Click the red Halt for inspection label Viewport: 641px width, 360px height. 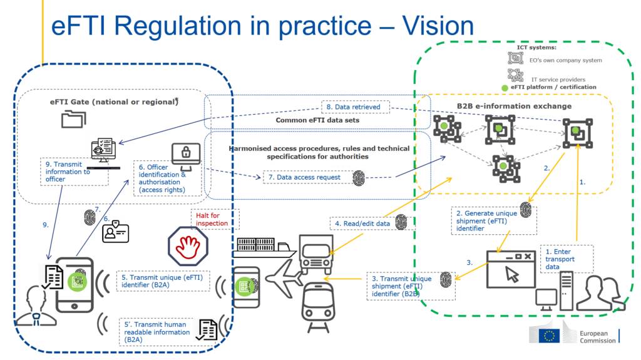(x=212, y=219)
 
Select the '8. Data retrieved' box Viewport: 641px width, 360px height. (x=352, y=107)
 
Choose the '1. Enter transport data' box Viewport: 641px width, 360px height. (x=568, y=259)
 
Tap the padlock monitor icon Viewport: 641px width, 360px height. (x=186, y=156)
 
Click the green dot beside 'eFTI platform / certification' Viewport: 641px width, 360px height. (x=505, y=87)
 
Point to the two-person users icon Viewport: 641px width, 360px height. (x=599, y=291)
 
